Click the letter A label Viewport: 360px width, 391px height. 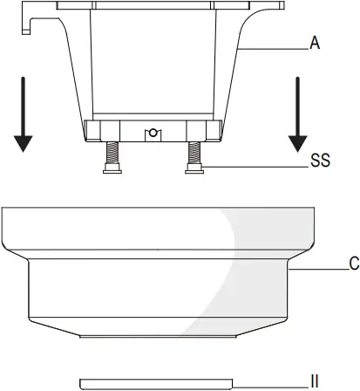pos(316,40)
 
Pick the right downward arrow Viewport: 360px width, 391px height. pos(299,114)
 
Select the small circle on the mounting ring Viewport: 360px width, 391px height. pos(153,133)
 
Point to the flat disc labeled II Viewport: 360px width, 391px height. pos(157,382)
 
